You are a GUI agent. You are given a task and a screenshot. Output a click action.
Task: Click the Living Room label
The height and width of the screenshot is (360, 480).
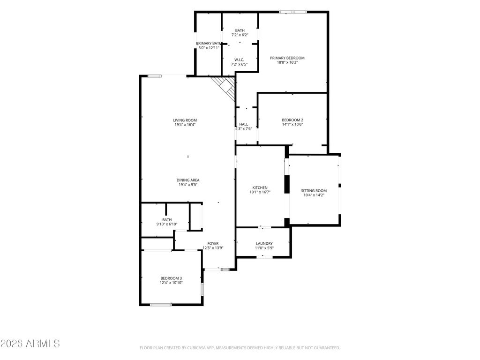click(x=185, y=120)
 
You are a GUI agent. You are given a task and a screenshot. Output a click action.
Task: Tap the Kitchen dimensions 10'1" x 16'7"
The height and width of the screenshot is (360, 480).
click(x=260, y=192)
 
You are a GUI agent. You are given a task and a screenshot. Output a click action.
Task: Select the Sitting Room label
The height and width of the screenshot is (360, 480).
click(x=314, y=191)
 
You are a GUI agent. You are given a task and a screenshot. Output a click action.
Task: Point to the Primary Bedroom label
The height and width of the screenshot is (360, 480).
click(x=287, y=58)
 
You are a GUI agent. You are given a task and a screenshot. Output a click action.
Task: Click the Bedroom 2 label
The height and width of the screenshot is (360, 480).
click(x=292, y=120)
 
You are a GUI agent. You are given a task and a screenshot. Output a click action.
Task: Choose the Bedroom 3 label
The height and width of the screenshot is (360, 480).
click(x=171, y=278)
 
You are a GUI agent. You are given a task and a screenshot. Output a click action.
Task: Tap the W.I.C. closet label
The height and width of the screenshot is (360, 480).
click(x=239, y=60)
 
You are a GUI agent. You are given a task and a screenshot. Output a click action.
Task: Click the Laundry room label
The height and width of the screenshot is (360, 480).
click(x=264, y=243)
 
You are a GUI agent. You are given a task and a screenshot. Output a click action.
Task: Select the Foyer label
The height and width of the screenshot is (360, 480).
click(x=213, y=244)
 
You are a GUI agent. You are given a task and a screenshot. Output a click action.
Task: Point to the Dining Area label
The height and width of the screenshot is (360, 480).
click(x=188, y=180)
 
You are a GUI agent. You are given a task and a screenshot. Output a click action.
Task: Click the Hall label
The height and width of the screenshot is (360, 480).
click(x=244, y=124)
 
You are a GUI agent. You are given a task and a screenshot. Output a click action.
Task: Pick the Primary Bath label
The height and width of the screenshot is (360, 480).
click(x=209, y=44)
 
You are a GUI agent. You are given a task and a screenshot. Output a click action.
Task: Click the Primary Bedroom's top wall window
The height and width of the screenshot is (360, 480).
click(x=293, y=12)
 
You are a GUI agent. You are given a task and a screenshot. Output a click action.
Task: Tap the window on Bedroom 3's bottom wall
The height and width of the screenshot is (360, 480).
click(x=161, y=305)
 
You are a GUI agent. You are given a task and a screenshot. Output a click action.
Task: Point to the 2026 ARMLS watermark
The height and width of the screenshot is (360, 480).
click(x=30, y=344)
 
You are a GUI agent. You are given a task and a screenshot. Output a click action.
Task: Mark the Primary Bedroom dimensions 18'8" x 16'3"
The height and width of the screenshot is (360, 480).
click(x=287, y=62)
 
